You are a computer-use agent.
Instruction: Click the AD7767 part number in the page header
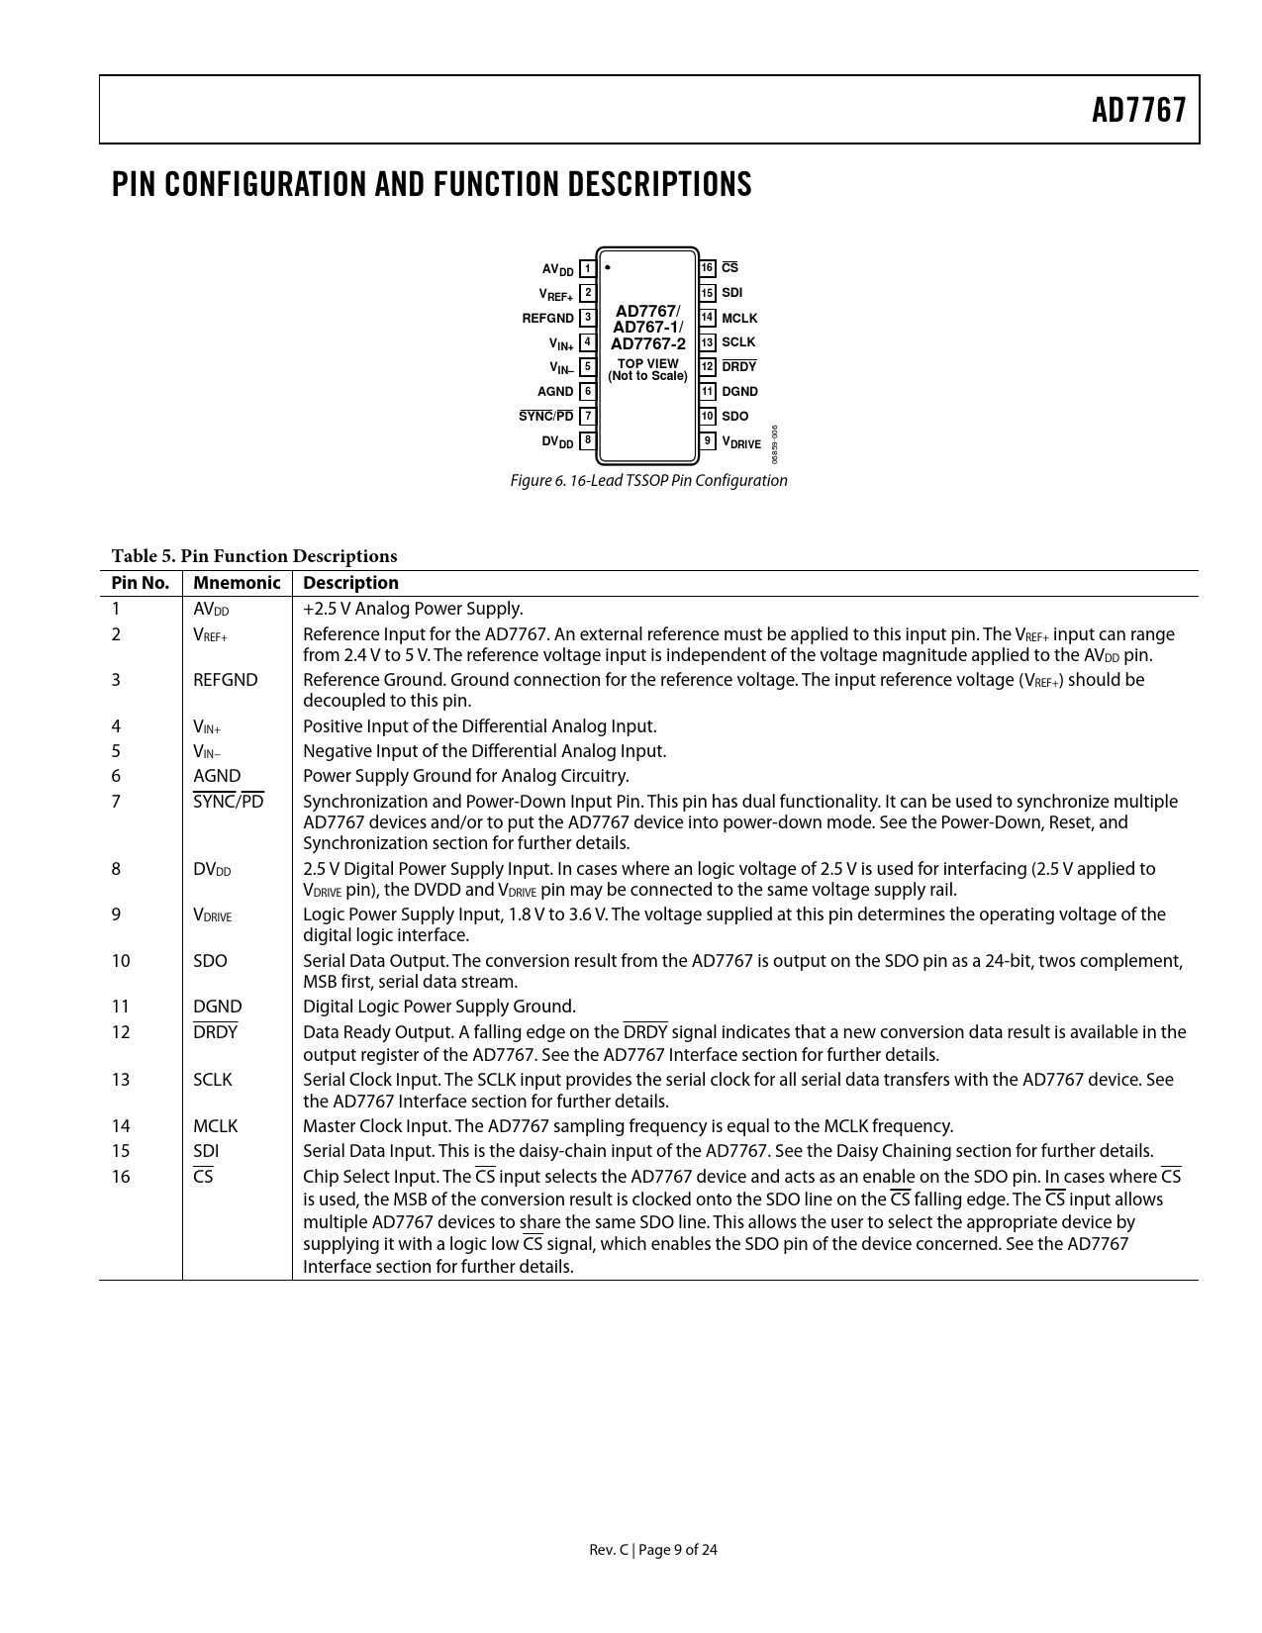[1138, 110]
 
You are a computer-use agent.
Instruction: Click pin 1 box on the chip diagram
[588, 268]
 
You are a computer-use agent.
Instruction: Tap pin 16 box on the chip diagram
[707, 268]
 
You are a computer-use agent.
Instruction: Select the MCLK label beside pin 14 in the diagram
[739, 318]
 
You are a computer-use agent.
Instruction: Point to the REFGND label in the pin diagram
[547, 318]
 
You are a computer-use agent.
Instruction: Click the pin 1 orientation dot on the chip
[608, 267]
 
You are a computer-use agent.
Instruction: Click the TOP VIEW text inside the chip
[647, 363]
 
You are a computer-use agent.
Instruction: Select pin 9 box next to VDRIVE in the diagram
[707, 440]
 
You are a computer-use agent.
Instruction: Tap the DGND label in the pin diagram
[739, 392]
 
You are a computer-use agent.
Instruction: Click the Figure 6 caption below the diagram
[648, 481]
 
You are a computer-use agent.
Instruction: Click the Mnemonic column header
[237, 583]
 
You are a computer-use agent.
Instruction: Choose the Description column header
[350, 583]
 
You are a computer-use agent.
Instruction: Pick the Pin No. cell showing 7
[116, 802]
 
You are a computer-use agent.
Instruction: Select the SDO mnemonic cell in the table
[210, 961]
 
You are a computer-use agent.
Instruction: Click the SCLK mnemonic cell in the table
[213, 1080]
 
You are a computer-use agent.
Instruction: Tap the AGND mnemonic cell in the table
[217, 776]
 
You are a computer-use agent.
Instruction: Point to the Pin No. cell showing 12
[121, 1032]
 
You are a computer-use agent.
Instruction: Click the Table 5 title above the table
[254, 556]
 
